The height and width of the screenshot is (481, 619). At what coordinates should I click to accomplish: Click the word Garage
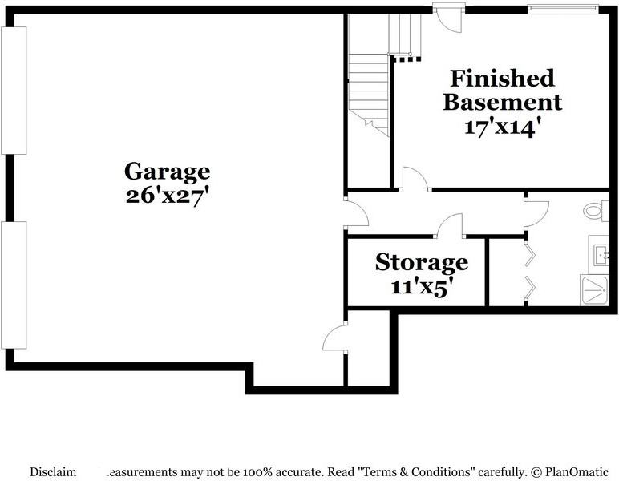(167, 171)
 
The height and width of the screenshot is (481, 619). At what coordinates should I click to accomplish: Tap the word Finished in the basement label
(502, 79)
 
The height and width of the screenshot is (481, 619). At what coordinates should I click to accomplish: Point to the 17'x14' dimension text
(502, 127)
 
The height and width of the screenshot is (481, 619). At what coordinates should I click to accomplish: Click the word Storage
(421, 262)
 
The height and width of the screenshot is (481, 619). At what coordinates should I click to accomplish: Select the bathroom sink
(599, 255)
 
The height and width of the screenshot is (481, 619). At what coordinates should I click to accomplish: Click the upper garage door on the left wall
(14, 90)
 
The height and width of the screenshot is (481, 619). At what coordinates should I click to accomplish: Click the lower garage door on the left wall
(14, 285)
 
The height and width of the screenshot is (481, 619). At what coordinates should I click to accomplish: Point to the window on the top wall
(562, 10)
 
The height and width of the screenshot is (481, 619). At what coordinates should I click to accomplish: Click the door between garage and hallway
(355, 212)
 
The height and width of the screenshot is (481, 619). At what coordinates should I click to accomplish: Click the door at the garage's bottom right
(335, 337)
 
